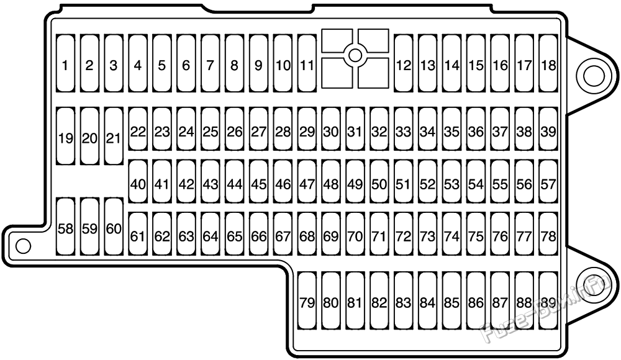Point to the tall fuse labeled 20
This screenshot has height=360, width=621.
coord(89,136)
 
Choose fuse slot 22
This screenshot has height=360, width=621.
coord(138,129)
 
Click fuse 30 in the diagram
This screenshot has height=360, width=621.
coord(331,129)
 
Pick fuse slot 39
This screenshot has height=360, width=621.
coord(548,129)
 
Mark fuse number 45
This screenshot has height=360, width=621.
coord(258,181)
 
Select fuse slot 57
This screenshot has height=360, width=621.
coord(548,181)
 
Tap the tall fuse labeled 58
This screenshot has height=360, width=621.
coord(65,227)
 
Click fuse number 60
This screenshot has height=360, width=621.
coord(114,227)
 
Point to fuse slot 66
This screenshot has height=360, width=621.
coord(258,233)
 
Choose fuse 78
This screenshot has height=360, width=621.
coord(548,233)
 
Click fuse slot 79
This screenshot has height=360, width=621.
coord(307,301)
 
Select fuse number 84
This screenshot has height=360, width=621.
coord(428,301)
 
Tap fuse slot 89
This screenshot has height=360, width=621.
coord(548,301)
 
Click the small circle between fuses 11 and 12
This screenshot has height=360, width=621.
coord(355,55)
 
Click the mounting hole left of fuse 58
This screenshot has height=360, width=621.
coord(23,246)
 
